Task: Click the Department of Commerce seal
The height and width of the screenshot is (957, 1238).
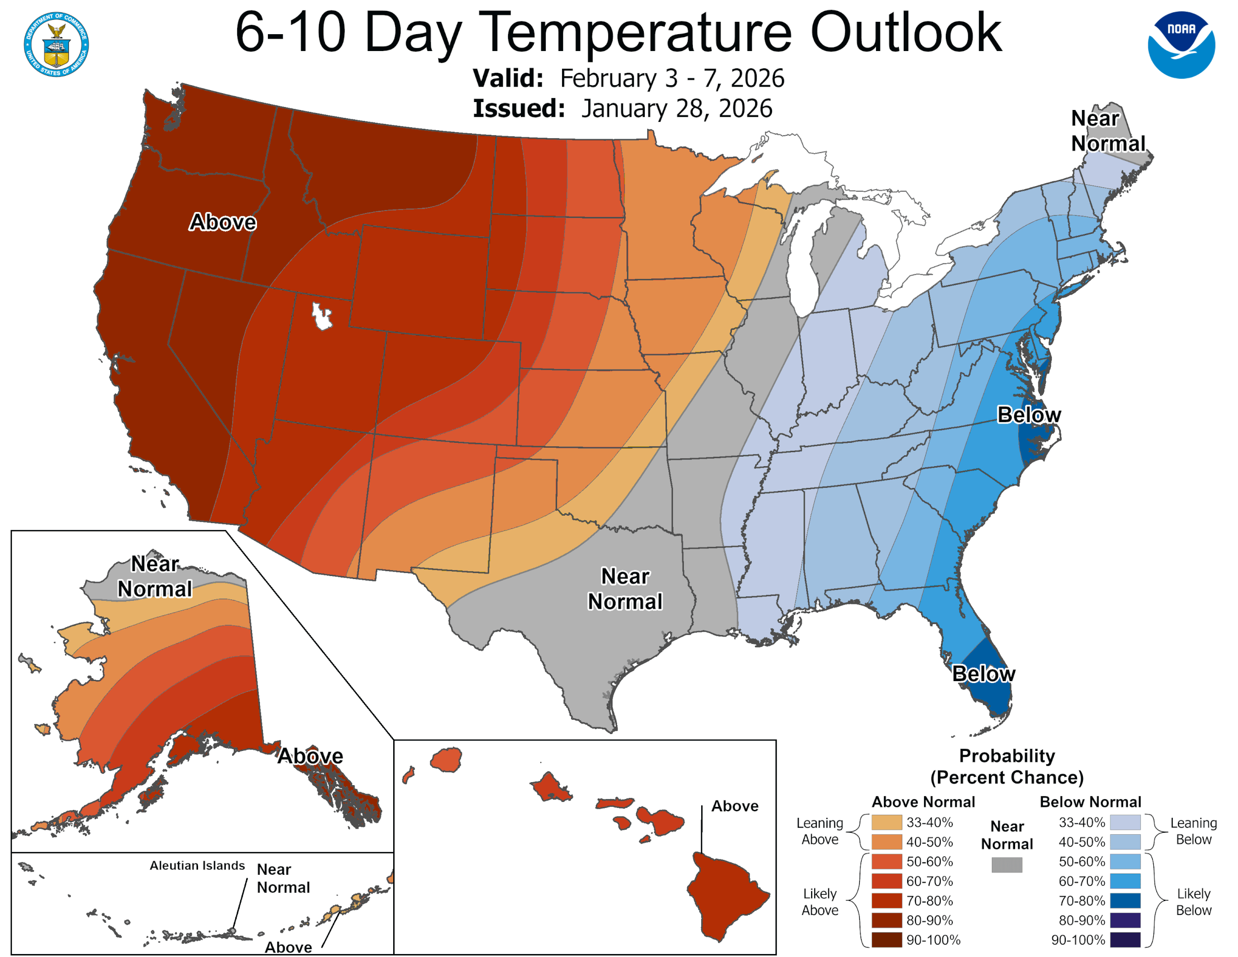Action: [56, 44]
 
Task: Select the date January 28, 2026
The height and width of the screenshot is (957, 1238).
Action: [676, 109]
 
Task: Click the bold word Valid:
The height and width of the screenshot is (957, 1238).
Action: [508, 79]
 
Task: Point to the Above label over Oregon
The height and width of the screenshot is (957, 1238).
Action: [223, 222]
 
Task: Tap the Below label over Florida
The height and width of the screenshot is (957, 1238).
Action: [983, 674]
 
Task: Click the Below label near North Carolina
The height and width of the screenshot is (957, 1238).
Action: [1029, 415]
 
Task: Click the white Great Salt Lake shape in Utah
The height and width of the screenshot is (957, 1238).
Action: [321, 316]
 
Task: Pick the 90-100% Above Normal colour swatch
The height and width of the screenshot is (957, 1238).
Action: [886, 940]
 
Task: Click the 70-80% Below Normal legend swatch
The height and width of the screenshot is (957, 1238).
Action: [1125, 901]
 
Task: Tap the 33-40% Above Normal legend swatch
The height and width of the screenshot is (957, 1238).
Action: [886, 823]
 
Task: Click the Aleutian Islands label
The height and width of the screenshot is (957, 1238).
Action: [197, 866]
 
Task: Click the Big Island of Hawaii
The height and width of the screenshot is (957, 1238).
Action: [726, 896]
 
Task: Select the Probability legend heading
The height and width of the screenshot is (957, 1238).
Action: [1007, 756]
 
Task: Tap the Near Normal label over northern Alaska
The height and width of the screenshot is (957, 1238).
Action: [155, 577]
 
